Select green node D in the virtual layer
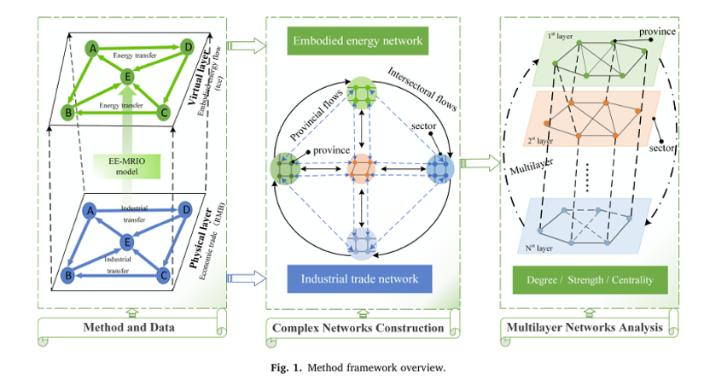(187, 50)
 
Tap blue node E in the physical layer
(127, 243)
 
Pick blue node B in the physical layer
(67, 275)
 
